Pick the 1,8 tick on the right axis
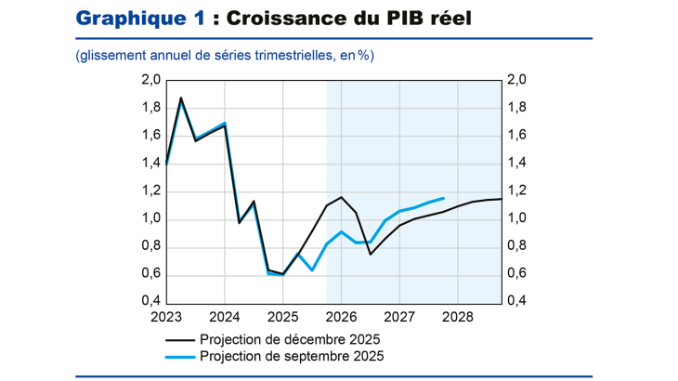tap(516, 108)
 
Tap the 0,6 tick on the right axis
tap(516, 275)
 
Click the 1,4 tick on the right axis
tap(516, 164)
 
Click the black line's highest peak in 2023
tap(181, 98)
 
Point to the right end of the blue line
tap(443, 198)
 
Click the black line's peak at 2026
tap(341, 197)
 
